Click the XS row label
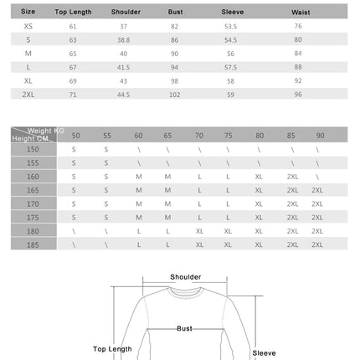(x=28, y=27)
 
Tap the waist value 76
(x=299, y=27)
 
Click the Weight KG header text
(x=45, y=131)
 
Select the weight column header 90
(x=320, y=135)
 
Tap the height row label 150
(x=33, y=149)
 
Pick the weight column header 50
(x=75, y=135)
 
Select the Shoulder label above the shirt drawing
(x=186, y=276)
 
